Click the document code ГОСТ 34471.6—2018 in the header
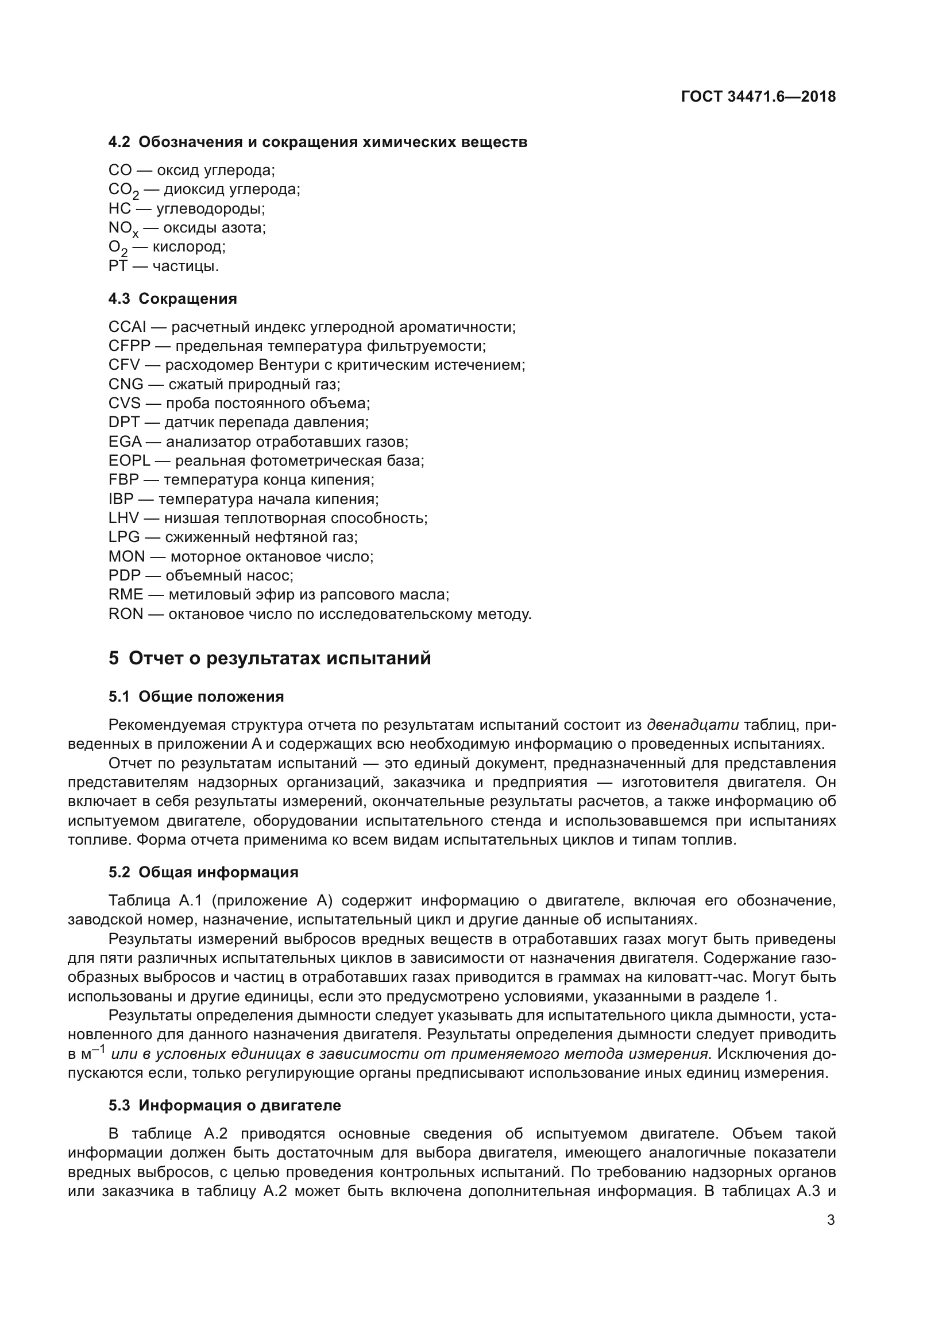coord(758,96)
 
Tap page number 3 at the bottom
coord(831,1220)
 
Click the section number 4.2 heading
coord(119,142)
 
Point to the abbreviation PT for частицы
coord(118,266)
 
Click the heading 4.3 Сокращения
coord(172,299)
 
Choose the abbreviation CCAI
coord(127,327)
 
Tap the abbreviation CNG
coord(126,384)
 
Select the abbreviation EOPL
coord(129,461)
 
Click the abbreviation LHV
coord(124,518)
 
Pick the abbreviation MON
coord(126,556)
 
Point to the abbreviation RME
coord(126,595)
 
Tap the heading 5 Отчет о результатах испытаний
coord(270,659)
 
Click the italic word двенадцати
coord(693,725)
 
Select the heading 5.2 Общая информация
coord(203,873)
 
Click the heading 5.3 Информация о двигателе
coord(225,1105)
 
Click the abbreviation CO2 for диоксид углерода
coord(123,190)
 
